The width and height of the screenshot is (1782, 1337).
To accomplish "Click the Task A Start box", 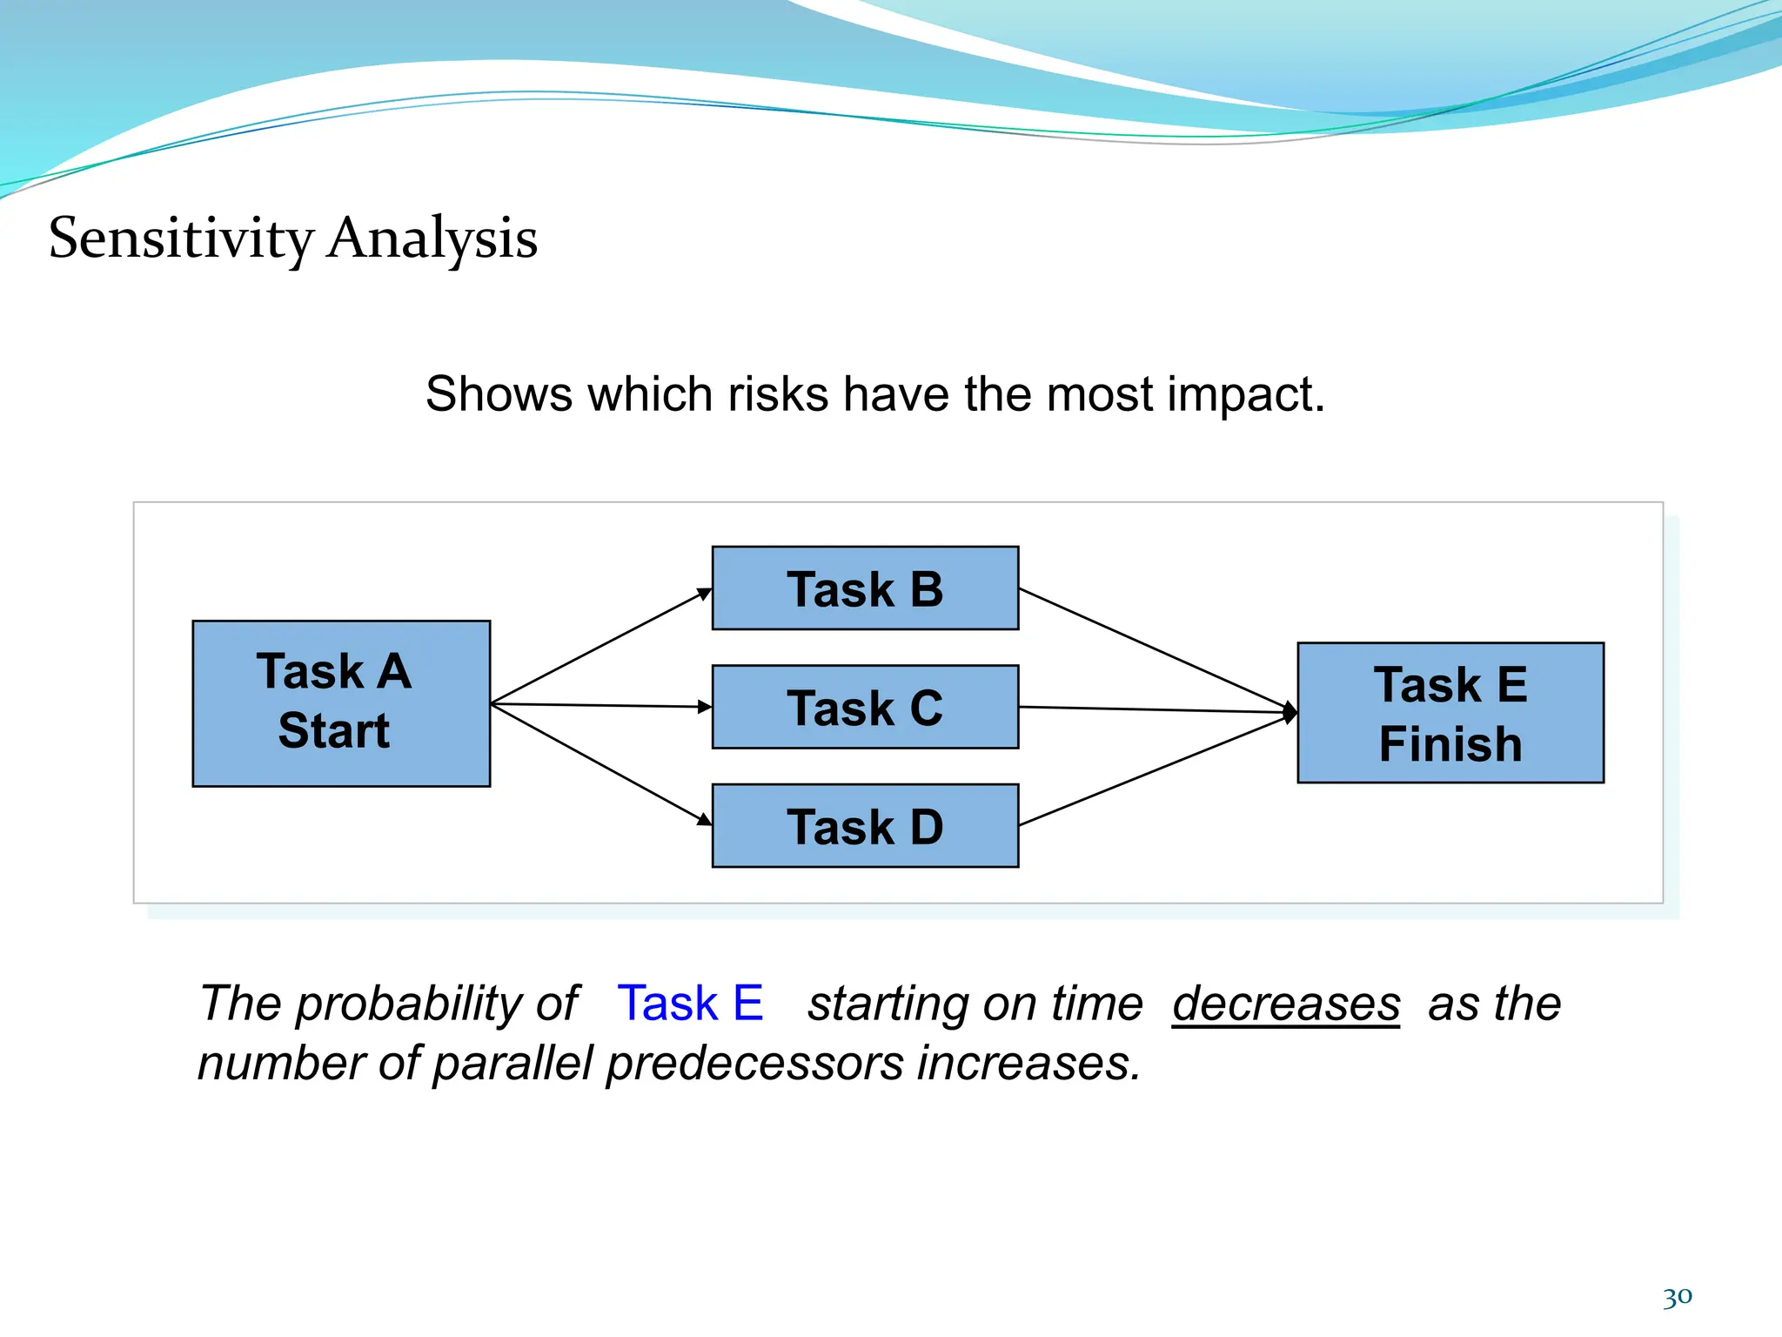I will (x=341, y=703).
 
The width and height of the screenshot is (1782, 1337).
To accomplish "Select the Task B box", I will (x=865, y=588).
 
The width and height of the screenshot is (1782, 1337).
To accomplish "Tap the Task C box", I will (x=865, y=707).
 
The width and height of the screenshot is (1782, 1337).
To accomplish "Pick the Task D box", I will (x=865, y=826).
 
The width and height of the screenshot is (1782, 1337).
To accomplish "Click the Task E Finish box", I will (x=1450, y=713).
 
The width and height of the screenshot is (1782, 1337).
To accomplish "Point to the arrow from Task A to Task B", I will (x=600, y=646).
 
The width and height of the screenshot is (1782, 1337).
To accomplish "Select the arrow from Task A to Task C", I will (x=600, y=705).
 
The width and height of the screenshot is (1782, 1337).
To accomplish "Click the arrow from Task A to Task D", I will (x=600, y=763).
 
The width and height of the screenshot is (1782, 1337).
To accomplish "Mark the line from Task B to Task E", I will (x=1153, y=648).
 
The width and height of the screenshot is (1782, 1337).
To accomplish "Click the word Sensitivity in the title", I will (x=181, y=239).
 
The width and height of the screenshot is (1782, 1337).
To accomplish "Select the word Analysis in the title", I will (x=432, y=239).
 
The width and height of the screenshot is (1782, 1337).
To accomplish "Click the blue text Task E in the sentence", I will (x=690, y=1004).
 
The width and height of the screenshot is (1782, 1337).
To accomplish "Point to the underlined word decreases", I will (x=1286, y=1004).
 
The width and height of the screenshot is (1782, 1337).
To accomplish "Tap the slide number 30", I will (x=1677, y=1297).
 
